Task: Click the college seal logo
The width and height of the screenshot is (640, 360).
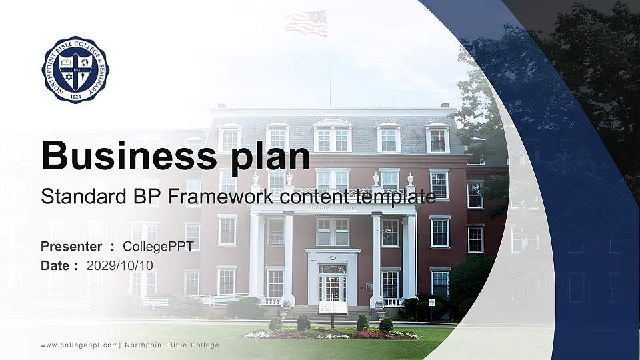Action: [x=75, y=70]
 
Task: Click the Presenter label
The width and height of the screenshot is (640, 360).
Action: [x=71, y=246]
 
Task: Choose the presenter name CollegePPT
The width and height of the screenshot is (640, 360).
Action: [x=158, y=246]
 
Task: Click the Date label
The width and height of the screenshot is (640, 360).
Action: [x=55, y=265]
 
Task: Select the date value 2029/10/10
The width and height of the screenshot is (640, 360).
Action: [x=120, y=265]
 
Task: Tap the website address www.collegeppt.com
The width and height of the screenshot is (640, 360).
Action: [x=79, y=345]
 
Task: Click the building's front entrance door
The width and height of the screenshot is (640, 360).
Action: [x=332, y=288]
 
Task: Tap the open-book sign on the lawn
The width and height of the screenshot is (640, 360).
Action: [x=333, y=307]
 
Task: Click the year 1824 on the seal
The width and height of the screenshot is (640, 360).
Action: [x=75, y=95]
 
